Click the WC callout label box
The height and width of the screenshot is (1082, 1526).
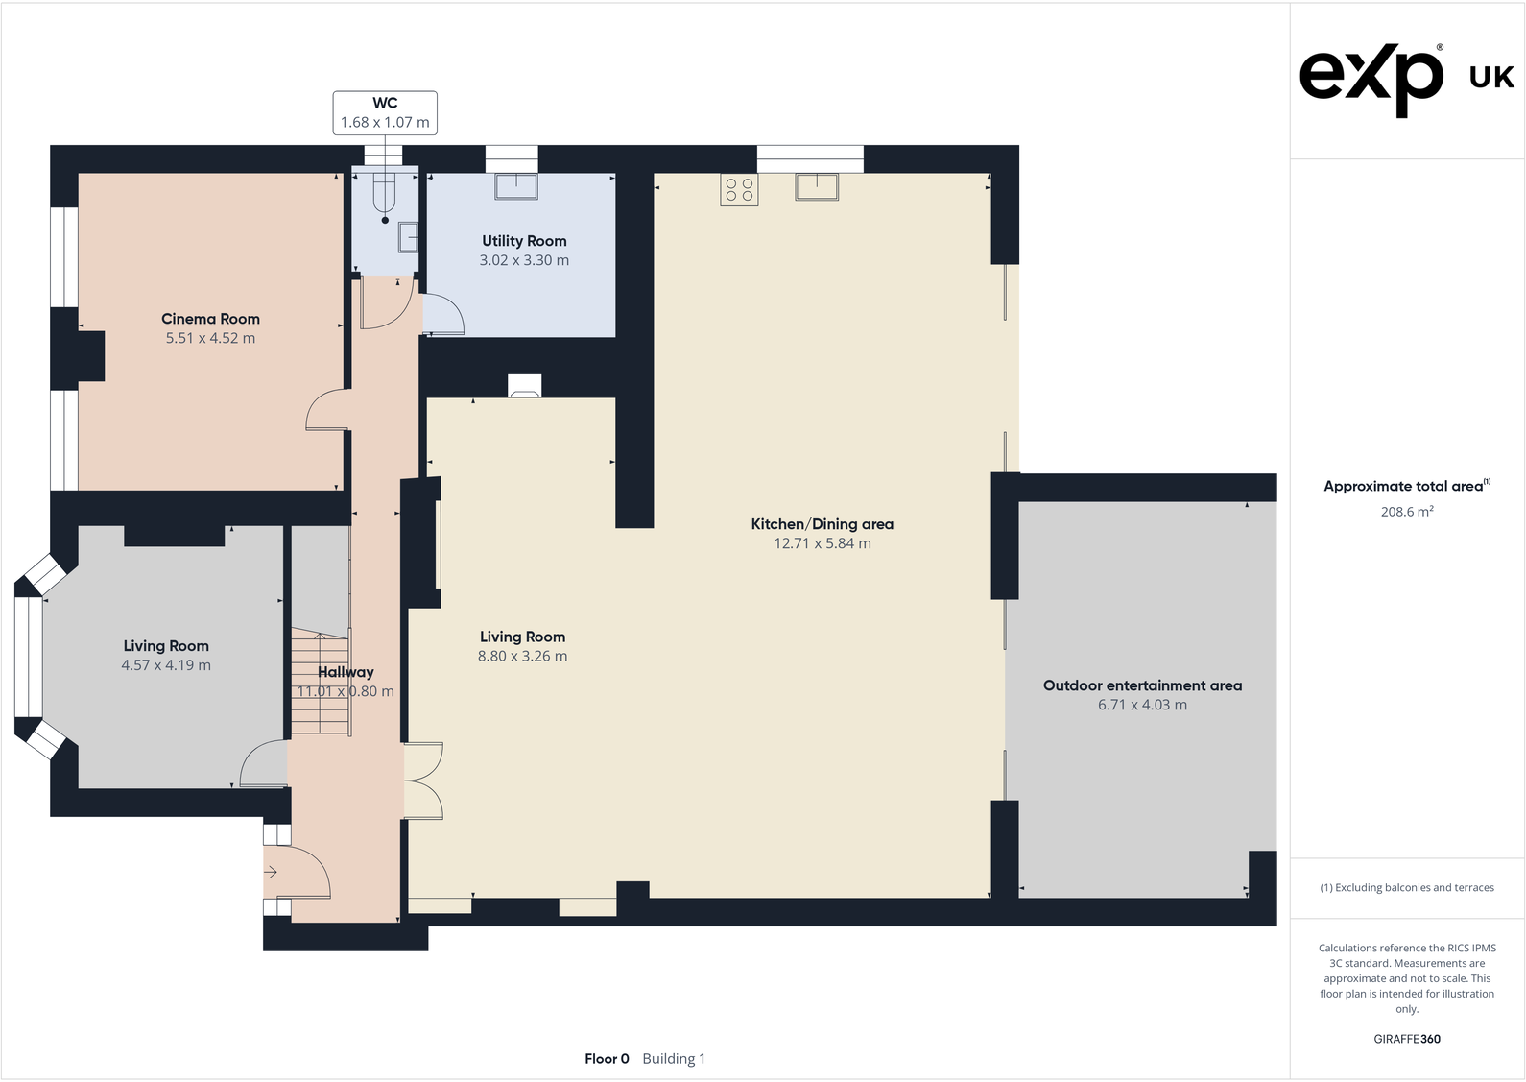coord(385,112)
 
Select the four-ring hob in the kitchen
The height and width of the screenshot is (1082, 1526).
coord(739,189)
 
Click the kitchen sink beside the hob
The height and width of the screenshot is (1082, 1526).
coord(817,186)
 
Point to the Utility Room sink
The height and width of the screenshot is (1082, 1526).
coord(516,185)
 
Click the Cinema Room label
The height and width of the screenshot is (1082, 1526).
coord(210,319)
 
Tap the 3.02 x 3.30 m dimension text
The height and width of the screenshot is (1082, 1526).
coord(524,260)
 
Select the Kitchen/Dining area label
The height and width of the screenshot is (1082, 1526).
coord(822,524)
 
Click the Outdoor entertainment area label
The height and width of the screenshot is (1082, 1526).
coord(1142,685)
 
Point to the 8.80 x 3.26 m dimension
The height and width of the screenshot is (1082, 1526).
coord(522,657)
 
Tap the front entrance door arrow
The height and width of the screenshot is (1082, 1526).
coord(271,872)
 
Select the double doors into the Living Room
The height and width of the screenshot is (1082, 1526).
coord(423,781)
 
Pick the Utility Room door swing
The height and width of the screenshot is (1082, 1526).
coord(443,314)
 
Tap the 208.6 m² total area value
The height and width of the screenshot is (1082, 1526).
coord(1406,512)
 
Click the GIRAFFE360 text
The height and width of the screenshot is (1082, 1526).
coord(1406,1039)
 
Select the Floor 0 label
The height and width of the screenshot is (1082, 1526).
coord(607,1059)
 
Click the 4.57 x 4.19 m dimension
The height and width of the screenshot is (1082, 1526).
coord(166,665)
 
